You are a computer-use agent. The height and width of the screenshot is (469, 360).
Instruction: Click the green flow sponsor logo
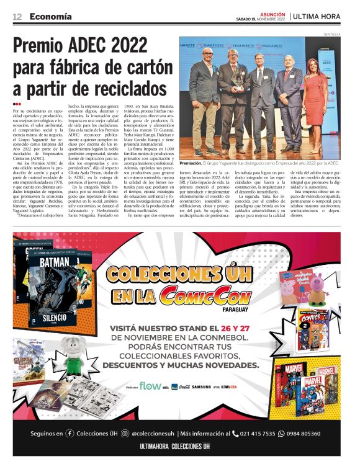[x=150, y=386]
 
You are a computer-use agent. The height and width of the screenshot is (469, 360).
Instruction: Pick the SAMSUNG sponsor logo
[x=201, y=387]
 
